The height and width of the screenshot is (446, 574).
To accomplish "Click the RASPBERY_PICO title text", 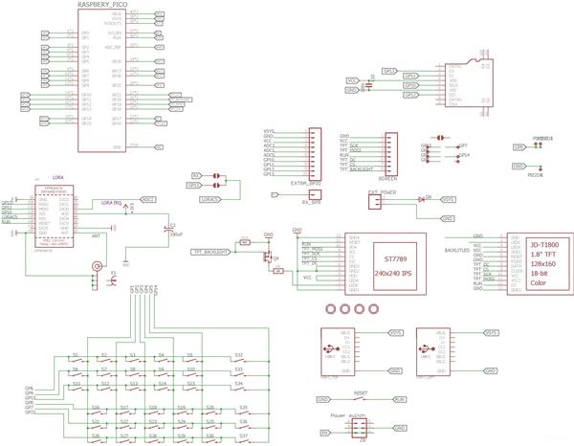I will [x=103, y=6].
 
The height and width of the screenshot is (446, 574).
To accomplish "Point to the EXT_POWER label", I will [x=382, y=191].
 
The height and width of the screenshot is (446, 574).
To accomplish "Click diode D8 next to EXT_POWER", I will [x=422, y=200].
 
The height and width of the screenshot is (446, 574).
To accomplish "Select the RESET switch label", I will [x=361, y=390].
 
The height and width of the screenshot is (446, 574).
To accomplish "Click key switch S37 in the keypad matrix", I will [x=244, y=435].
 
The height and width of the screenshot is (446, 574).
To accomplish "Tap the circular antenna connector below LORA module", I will [x=96, y=270].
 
